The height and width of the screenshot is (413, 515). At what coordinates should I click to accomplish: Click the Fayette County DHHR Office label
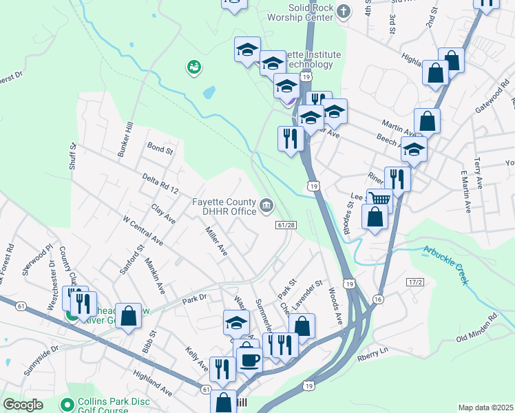click(x=224, y=206)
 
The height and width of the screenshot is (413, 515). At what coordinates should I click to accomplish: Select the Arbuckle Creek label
click(x=445, y=264)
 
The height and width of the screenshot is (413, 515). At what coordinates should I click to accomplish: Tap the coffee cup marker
click(x=249, y=359)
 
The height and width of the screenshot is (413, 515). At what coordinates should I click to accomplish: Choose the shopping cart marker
click(x=380, y=200)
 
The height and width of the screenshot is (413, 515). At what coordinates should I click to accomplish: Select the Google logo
click(x=22, y=405)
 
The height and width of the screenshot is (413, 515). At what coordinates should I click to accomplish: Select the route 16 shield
click(x=379, y=299)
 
